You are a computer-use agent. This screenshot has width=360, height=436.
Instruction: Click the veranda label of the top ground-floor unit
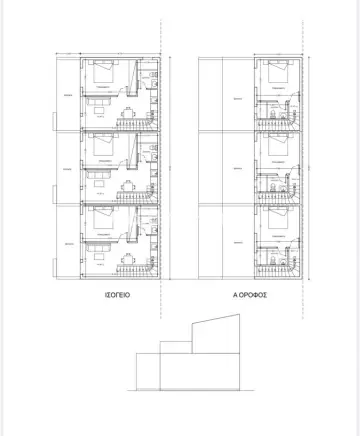click(67, 96)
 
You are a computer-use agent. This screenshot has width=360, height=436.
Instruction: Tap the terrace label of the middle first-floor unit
click(237, 171)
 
